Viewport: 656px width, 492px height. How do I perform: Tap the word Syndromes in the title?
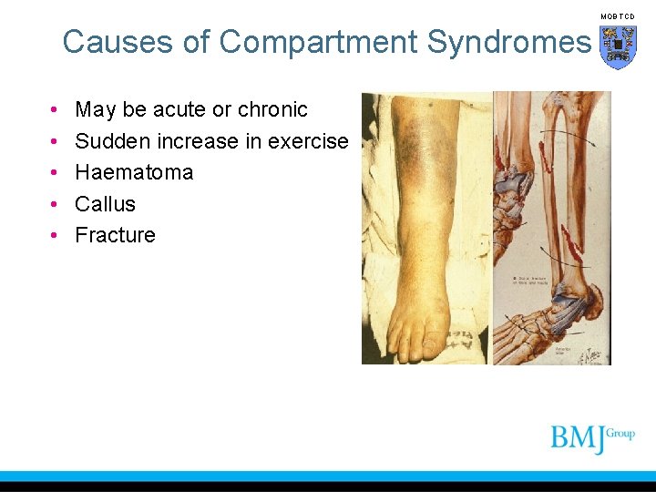coord(510,42)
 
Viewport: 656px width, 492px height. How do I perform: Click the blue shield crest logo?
coord(618,46)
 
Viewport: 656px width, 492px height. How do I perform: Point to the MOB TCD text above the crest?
coord(617,16)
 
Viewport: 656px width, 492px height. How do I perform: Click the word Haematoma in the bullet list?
coord(134,172)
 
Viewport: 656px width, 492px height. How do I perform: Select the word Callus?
coord(105,204)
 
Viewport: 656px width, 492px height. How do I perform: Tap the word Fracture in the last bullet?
coord(115,235)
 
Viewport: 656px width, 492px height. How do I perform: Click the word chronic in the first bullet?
coord(272,110)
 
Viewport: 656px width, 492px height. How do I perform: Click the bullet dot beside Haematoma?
coord(55,173)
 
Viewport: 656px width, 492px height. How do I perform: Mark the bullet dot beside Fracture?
coord(55,235)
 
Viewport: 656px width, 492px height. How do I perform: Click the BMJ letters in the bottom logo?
coord(578,438)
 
